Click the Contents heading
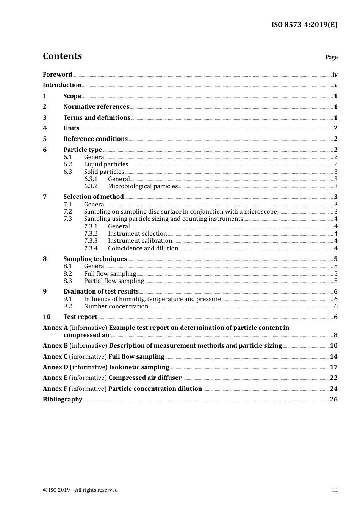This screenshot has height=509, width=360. [x=62, y=56]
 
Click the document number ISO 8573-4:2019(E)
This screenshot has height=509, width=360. [x=304, y=25]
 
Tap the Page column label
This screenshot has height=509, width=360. [x=331, y=57]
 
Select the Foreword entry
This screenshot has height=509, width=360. [x=57, y=75]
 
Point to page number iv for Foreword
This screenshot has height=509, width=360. [x=335, y=75]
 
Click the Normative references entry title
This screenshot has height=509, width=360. [x=96, y=107]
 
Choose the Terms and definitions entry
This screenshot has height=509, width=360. [x=97, y=118]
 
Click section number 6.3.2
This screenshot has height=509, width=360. [x=91, y=186]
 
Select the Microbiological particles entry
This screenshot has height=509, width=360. [x=142, y=186]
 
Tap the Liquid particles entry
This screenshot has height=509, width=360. [x=106, y=164]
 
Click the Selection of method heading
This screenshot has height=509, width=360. [x=93, y=197]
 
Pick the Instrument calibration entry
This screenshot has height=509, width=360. [x=140, y=241]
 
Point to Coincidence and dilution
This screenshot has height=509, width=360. [x=143, y=248]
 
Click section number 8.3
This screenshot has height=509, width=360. [x=67, y=281]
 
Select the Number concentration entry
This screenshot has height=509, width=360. [x=116, y=306]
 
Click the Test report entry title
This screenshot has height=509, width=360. [x=80, y=317]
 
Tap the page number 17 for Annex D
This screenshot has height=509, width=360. [x=333, y=367]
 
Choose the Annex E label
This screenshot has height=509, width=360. [x=55, y=378]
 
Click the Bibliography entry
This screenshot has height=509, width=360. [x=63, y=400]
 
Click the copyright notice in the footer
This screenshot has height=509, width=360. [x=80, y=490]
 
